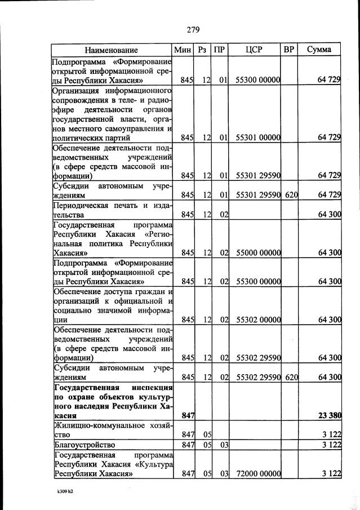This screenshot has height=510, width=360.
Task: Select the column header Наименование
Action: point(112,50)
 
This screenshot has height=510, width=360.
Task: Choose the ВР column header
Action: point(289,50)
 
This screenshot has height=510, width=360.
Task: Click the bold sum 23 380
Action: point(329,416)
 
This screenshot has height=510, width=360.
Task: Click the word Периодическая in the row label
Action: point(80,205)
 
